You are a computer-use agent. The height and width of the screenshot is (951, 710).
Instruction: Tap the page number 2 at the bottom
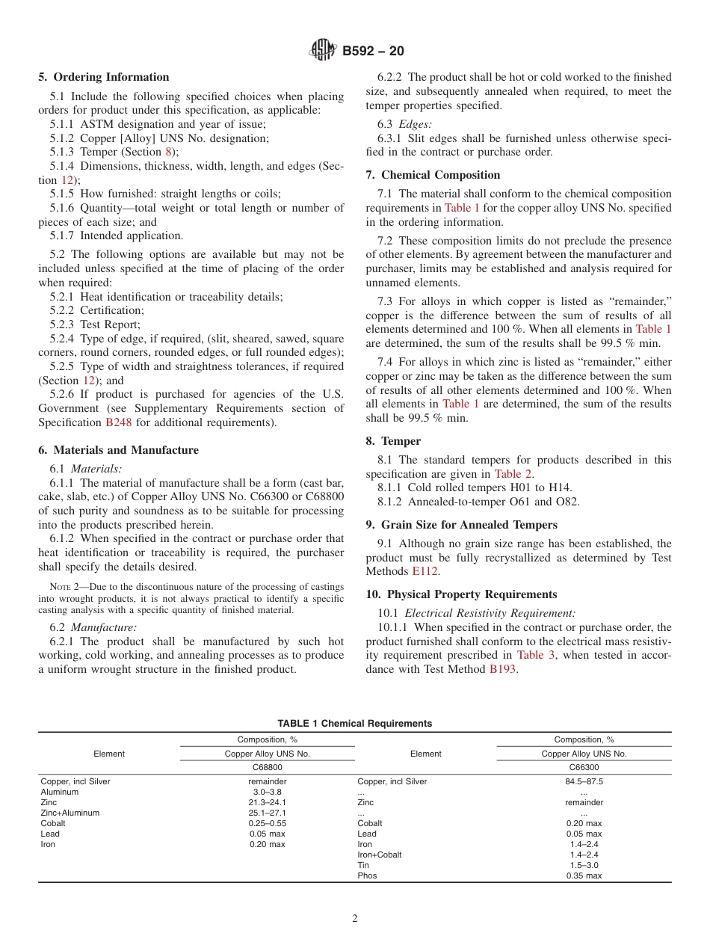(x=355, y=919)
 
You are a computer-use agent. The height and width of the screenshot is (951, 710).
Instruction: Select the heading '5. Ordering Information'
(x=104, y=77)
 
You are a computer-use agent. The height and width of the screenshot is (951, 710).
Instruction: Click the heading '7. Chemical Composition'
(x=433, y=175)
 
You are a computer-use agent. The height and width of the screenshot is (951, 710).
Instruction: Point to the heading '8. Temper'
(x=393, y=441)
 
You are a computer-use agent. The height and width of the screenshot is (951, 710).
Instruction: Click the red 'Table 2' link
(x=513, y=474)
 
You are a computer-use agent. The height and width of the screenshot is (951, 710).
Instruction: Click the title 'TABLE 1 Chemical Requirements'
(x=354, y=723)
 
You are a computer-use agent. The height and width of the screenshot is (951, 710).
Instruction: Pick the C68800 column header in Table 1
(x=267, y=767)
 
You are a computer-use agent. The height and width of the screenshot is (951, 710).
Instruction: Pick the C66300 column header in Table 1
(x=584, y=767)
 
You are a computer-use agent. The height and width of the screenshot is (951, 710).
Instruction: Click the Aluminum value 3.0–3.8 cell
(x=267, y=792)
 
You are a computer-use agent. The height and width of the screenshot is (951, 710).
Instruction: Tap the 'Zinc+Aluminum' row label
(x=70, y=813)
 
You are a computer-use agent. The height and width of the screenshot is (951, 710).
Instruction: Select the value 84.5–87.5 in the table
(x=584, y=781)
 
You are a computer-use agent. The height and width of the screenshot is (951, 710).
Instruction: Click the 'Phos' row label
(x=367, y=875)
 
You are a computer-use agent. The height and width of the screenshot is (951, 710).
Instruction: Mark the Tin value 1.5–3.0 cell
(x=584, y=865)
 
